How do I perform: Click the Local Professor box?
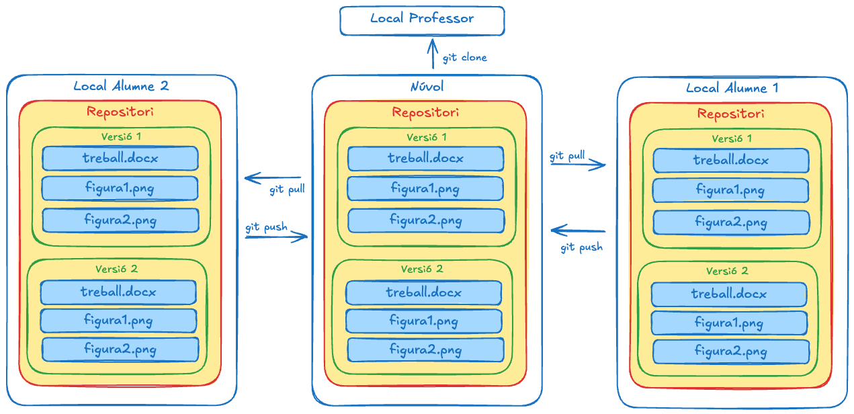pos(422,20)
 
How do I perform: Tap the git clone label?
pos(464,58)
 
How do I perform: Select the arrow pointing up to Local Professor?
pos(433,54)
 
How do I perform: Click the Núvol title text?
pos(427,87)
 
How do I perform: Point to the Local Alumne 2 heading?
pos(121,86)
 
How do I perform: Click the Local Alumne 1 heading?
pos(732,88)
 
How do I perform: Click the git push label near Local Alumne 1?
pos(581,248)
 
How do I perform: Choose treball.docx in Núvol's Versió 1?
pos(425,159)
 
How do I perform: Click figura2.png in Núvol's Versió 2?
pos(425,350)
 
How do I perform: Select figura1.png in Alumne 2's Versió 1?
pos(120,188)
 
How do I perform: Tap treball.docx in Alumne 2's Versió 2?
pos(118,292)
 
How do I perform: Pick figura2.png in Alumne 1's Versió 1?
pos(730,222)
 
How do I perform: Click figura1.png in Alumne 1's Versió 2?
pos(729,323)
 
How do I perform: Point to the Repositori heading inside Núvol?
pos(425,112)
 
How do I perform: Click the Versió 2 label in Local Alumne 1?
pos(727,272)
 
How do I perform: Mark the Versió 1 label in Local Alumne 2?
pos(121,136)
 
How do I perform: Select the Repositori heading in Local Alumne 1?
pos(730,114)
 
